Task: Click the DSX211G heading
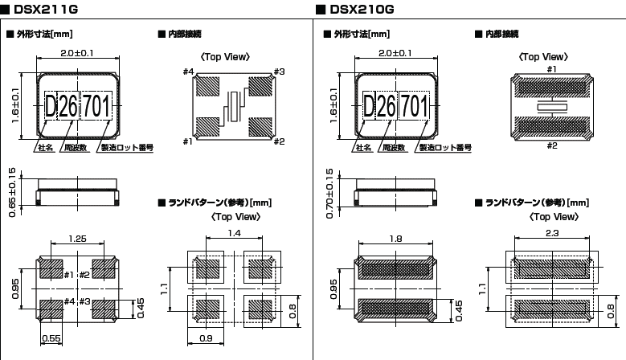pos(45,9)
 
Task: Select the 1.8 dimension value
pos(394,239)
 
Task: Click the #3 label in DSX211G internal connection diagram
pos(280,72)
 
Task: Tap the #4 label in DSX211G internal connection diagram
pos(189,72)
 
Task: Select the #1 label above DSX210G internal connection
pos(551,69)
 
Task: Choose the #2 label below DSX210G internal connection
pos(551,145)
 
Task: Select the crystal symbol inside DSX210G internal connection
pos(551,106)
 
